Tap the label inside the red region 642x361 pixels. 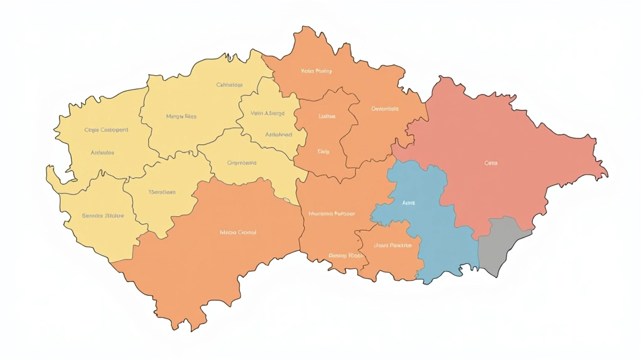[x=490, y=163]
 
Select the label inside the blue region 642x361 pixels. [x=408, y=204]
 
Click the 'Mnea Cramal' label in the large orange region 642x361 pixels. [x=238, y=233]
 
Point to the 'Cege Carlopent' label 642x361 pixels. [x=106, y=130]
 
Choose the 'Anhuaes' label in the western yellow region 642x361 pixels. [x=102, y=153]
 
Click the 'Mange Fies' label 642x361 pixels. [x=181, y=117]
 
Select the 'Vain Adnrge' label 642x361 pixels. [x=267, y=113]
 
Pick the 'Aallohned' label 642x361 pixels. [x=278, y=135]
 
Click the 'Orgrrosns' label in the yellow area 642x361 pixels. [x=241, y=163]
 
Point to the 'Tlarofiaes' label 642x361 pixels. [x=162, y=192]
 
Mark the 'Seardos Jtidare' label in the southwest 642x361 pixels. [x=103, y=216]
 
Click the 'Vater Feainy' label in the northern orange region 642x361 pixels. [x=317, y=71]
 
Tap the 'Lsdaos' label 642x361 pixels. [x=327, y=117]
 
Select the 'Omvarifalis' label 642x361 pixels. [x=385, y=109]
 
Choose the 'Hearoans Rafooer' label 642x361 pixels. [x=332, y=214]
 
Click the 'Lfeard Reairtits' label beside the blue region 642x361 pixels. [x=392, y=245]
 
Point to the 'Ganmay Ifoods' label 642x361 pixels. [x=345, y=256]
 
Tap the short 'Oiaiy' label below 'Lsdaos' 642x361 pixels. [x=323, y=152]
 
